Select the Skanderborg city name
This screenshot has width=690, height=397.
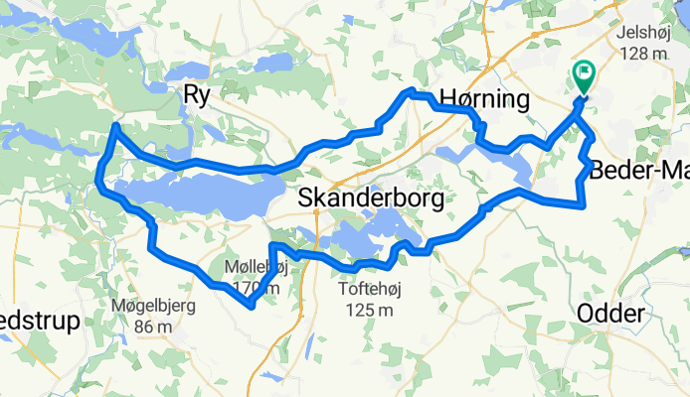pos(372,198)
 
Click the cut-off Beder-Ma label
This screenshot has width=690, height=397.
pos(639,170)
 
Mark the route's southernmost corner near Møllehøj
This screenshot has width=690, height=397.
pos(253,306)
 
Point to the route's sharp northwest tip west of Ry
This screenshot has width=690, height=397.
pos(115,126)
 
